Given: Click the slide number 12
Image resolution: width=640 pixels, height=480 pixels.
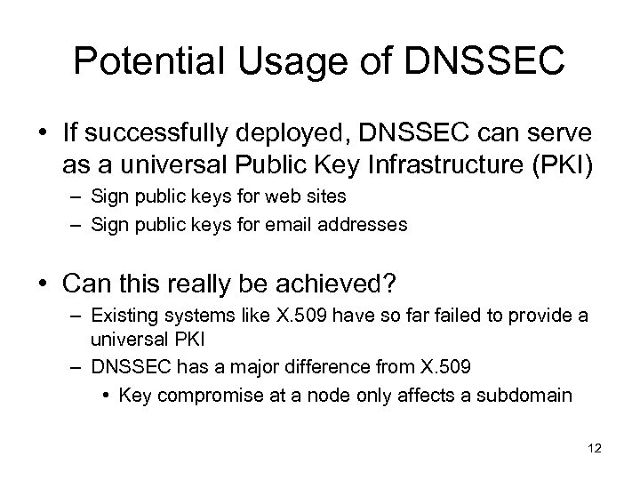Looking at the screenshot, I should point(595,449).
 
